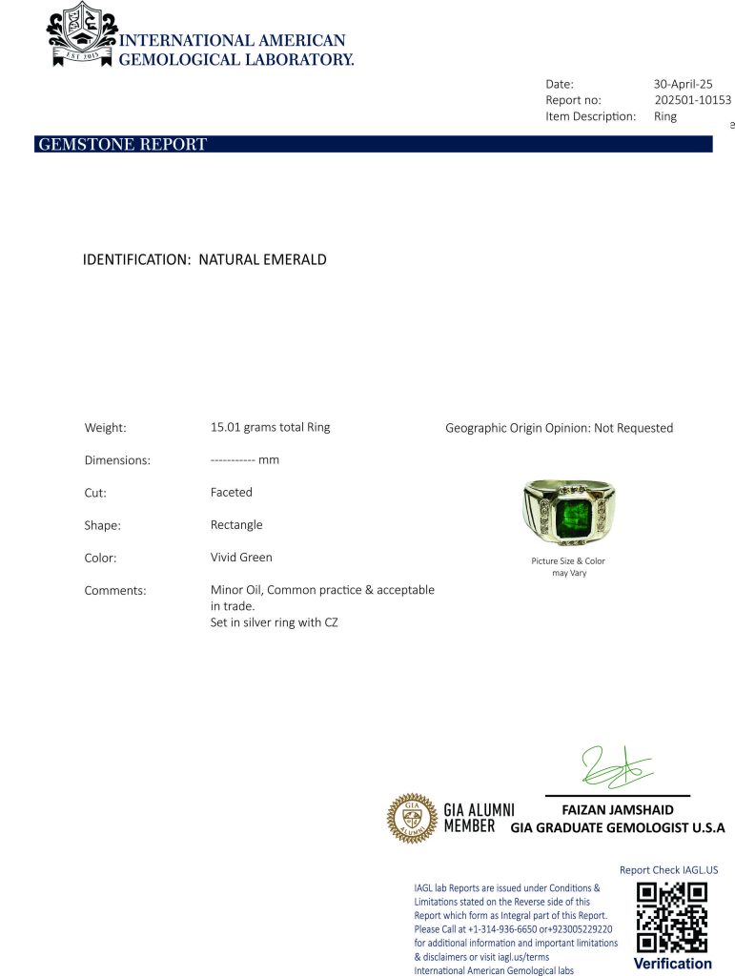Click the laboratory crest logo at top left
[x=81, y=35]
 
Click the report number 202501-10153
[x=693, y=100]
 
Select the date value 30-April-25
[x=683, y=84]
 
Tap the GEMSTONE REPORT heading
[x=122, y=145]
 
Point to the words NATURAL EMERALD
[x=262, y=259]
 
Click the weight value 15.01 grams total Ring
[x=270, y=427]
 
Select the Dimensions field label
[x=117, y=460]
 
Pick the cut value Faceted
[x=232, y=493]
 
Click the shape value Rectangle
[x=236, y=525]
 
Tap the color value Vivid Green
[x=241, y=558]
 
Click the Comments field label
[x=115, y=591]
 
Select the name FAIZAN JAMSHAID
[x=618, y=810]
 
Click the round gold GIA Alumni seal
[x=411, y=818]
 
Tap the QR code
[x=672, y=917]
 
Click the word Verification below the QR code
[x=672, y=964]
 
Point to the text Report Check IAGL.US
[x=668, y=870]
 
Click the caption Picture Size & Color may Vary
[x=568, y=567]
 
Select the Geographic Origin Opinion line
[x=559, y=428]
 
